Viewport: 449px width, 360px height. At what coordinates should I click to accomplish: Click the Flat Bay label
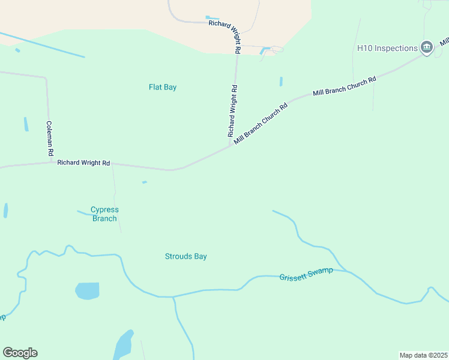[x=163, y=87]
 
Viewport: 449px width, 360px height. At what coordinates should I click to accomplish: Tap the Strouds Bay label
[x=185, y=256]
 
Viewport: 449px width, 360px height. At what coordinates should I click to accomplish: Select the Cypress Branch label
[x=104, y=214]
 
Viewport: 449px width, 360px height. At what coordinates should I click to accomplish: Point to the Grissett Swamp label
[x=306, y=274]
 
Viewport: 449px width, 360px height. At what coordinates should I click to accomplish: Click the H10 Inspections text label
[x=387, y=48]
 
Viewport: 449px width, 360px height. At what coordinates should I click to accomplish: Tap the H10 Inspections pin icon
[x=427, y=47]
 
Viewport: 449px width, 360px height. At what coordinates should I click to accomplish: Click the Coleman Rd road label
[x=50, y=139]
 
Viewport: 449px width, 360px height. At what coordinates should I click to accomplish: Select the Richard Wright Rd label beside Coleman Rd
[x=83, y=163]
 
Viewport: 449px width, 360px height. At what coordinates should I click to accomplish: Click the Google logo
[x=20, y=353]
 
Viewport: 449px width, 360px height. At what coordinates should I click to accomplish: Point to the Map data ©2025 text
[x=423, y=355]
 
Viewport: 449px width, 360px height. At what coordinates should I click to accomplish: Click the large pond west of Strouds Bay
[x=87, y=291]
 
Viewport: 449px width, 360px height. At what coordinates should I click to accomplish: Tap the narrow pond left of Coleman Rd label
[x=26, y=124]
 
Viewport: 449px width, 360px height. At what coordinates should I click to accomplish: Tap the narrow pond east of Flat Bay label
[x=281, y=81]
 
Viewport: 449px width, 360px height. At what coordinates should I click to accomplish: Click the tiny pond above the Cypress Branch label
[x=144, y=182]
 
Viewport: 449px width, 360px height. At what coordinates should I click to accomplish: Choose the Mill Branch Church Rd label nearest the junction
[x=261, y=123]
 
